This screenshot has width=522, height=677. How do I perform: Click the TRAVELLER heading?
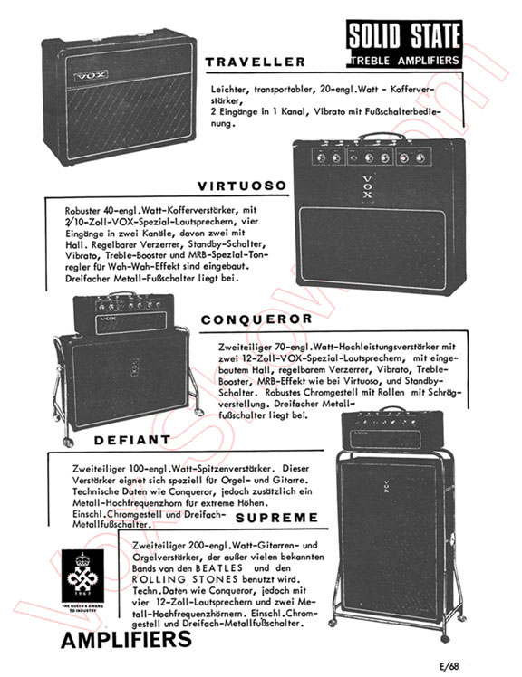tap(256, 62)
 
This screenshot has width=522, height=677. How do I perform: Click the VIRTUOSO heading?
tap(242, 186)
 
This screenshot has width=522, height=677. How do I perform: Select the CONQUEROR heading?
tap(256, 319)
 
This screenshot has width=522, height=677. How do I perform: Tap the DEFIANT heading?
tap(132, 440)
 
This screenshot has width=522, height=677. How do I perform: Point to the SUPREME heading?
tap(276, 517)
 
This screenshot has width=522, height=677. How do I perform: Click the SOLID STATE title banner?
tap(404, 43)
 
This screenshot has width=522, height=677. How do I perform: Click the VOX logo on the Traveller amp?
tap(91, 76)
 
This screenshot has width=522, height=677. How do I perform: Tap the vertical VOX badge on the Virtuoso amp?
tap(367, 188)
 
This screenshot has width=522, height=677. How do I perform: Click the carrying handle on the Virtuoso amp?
tap(382, 137)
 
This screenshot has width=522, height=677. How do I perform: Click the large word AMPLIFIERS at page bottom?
tap(126, 639)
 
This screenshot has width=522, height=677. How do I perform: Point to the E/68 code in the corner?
tap(449, 666)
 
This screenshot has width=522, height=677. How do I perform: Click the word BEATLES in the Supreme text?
tap(218, 568)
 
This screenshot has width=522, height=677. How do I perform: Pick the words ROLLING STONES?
tap(185, 579)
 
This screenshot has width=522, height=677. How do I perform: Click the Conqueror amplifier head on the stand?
tap(124, 313)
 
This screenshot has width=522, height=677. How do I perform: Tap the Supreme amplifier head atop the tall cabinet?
tap(392, 430)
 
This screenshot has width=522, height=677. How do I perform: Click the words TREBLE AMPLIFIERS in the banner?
tap(404, 61)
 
